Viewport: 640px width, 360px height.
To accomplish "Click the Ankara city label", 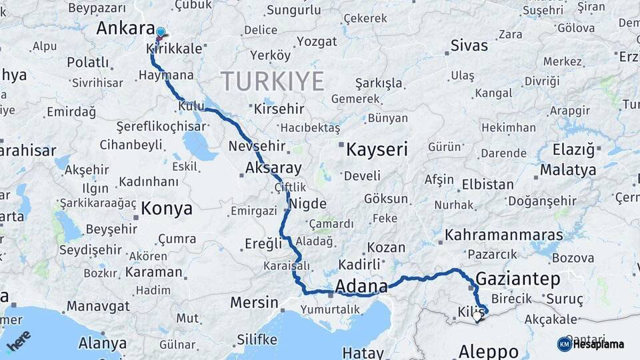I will (x=126, y=28).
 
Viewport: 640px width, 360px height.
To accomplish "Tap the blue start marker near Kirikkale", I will (x=160, y=33).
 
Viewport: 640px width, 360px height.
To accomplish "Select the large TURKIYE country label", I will (x=273, y=81).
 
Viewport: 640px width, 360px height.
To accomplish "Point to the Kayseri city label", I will (x=377, y=149).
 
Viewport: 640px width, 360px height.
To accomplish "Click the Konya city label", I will (x=167, y=209).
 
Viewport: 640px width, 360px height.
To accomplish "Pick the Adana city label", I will (x=361, y=287).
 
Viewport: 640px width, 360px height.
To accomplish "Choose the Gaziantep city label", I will (x=518, y=279).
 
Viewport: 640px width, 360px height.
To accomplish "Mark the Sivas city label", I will (x=469, y=46).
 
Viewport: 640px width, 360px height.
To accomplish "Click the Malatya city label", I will (x=568, y=169).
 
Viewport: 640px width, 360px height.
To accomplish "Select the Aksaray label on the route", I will (x=273, y=168).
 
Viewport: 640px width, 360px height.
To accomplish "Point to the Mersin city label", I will (x=254, y=303).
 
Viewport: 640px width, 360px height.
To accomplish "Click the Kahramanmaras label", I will (x=504, y=235).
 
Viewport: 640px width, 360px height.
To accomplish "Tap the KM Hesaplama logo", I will (x=591, y=344).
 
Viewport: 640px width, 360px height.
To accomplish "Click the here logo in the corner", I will (x=19, y=341).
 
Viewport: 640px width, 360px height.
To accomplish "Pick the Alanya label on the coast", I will (x=102, y=343).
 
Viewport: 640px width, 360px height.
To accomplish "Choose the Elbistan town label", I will (x=488, y=185).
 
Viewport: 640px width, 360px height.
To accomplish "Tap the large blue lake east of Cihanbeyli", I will (x=199, y=145).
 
